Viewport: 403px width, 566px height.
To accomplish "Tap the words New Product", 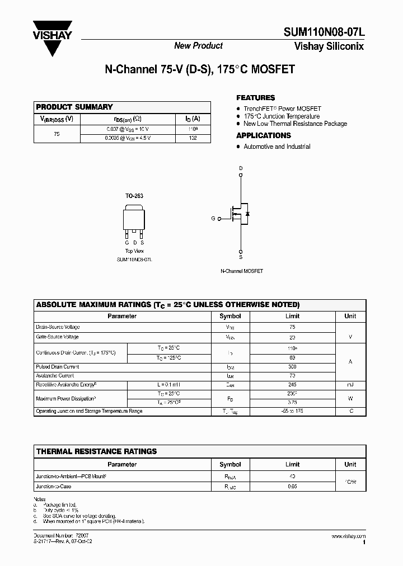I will (198, 46).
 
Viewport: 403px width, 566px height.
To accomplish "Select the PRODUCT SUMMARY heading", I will (74, 107).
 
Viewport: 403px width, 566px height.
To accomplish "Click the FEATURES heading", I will (256, 97).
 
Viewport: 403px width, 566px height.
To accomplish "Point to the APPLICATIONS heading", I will (264, 135).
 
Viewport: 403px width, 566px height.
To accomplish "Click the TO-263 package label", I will (134, 196).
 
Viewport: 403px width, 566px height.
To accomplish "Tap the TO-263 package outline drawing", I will (134, 221).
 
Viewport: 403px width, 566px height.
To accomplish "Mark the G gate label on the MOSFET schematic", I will (213, 219).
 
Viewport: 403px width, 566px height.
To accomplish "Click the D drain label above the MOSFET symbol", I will (241, 168).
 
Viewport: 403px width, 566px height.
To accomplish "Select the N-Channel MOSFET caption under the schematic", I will (241, 271).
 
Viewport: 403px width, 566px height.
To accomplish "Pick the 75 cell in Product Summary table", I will (57, 134).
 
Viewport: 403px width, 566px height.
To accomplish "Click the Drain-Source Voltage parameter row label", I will (58, 327).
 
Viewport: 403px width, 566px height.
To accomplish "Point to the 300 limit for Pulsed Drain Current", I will (293, 367).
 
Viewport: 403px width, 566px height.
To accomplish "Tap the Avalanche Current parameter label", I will (55, 376).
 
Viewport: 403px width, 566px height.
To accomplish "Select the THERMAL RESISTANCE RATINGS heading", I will (96, 451).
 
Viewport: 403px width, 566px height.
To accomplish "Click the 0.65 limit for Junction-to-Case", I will (293, 487).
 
